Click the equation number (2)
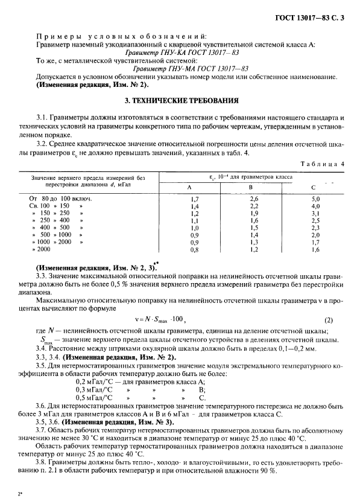[329, 319]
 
